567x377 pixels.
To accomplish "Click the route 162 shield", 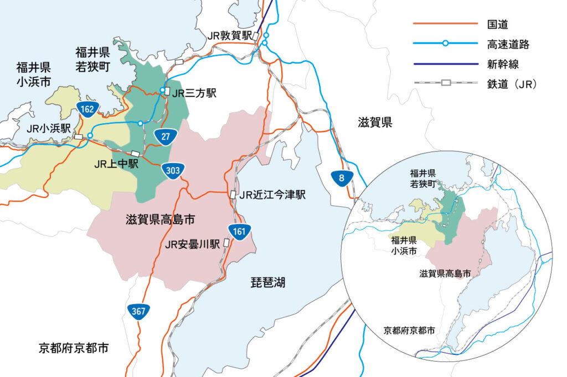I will point(87,109).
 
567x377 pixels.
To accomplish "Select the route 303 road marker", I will point(173,171).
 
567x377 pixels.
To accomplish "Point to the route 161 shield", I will point(239,232).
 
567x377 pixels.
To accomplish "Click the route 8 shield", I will point(341,177).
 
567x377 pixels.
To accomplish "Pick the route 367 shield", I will point(138,311).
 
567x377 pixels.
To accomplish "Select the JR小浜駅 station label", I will point(49,128).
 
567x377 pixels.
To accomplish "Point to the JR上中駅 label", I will point(116,164).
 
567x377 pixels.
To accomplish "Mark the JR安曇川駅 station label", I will point(193,244).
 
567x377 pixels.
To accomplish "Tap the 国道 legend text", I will point(498,24).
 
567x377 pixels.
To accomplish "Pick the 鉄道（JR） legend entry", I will point(513,84).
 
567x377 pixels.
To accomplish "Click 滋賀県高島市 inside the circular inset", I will point(446,274).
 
